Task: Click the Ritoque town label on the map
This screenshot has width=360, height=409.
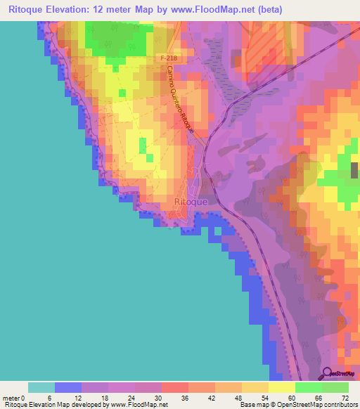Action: pos(190,202)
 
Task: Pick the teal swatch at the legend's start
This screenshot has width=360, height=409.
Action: pos(41,388)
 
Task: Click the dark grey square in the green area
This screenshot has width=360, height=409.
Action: pos(353,169)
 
